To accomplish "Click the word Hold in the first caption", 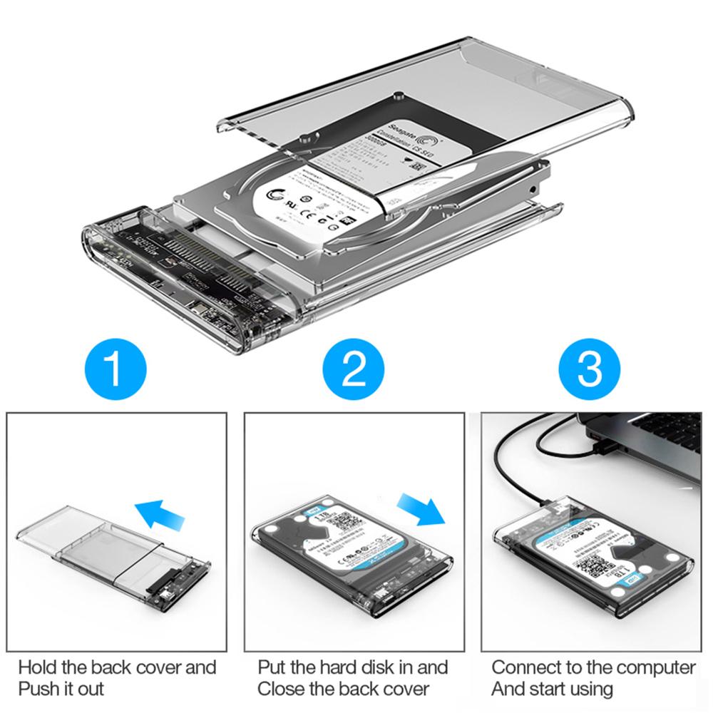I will click(x=38, y=667).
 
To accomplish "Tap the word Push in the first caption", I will click(x=38, y=689).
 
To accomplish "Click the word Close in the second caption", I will click(x=282, y=689).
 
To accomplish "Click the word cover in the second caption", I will click(x=401, y=689).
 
